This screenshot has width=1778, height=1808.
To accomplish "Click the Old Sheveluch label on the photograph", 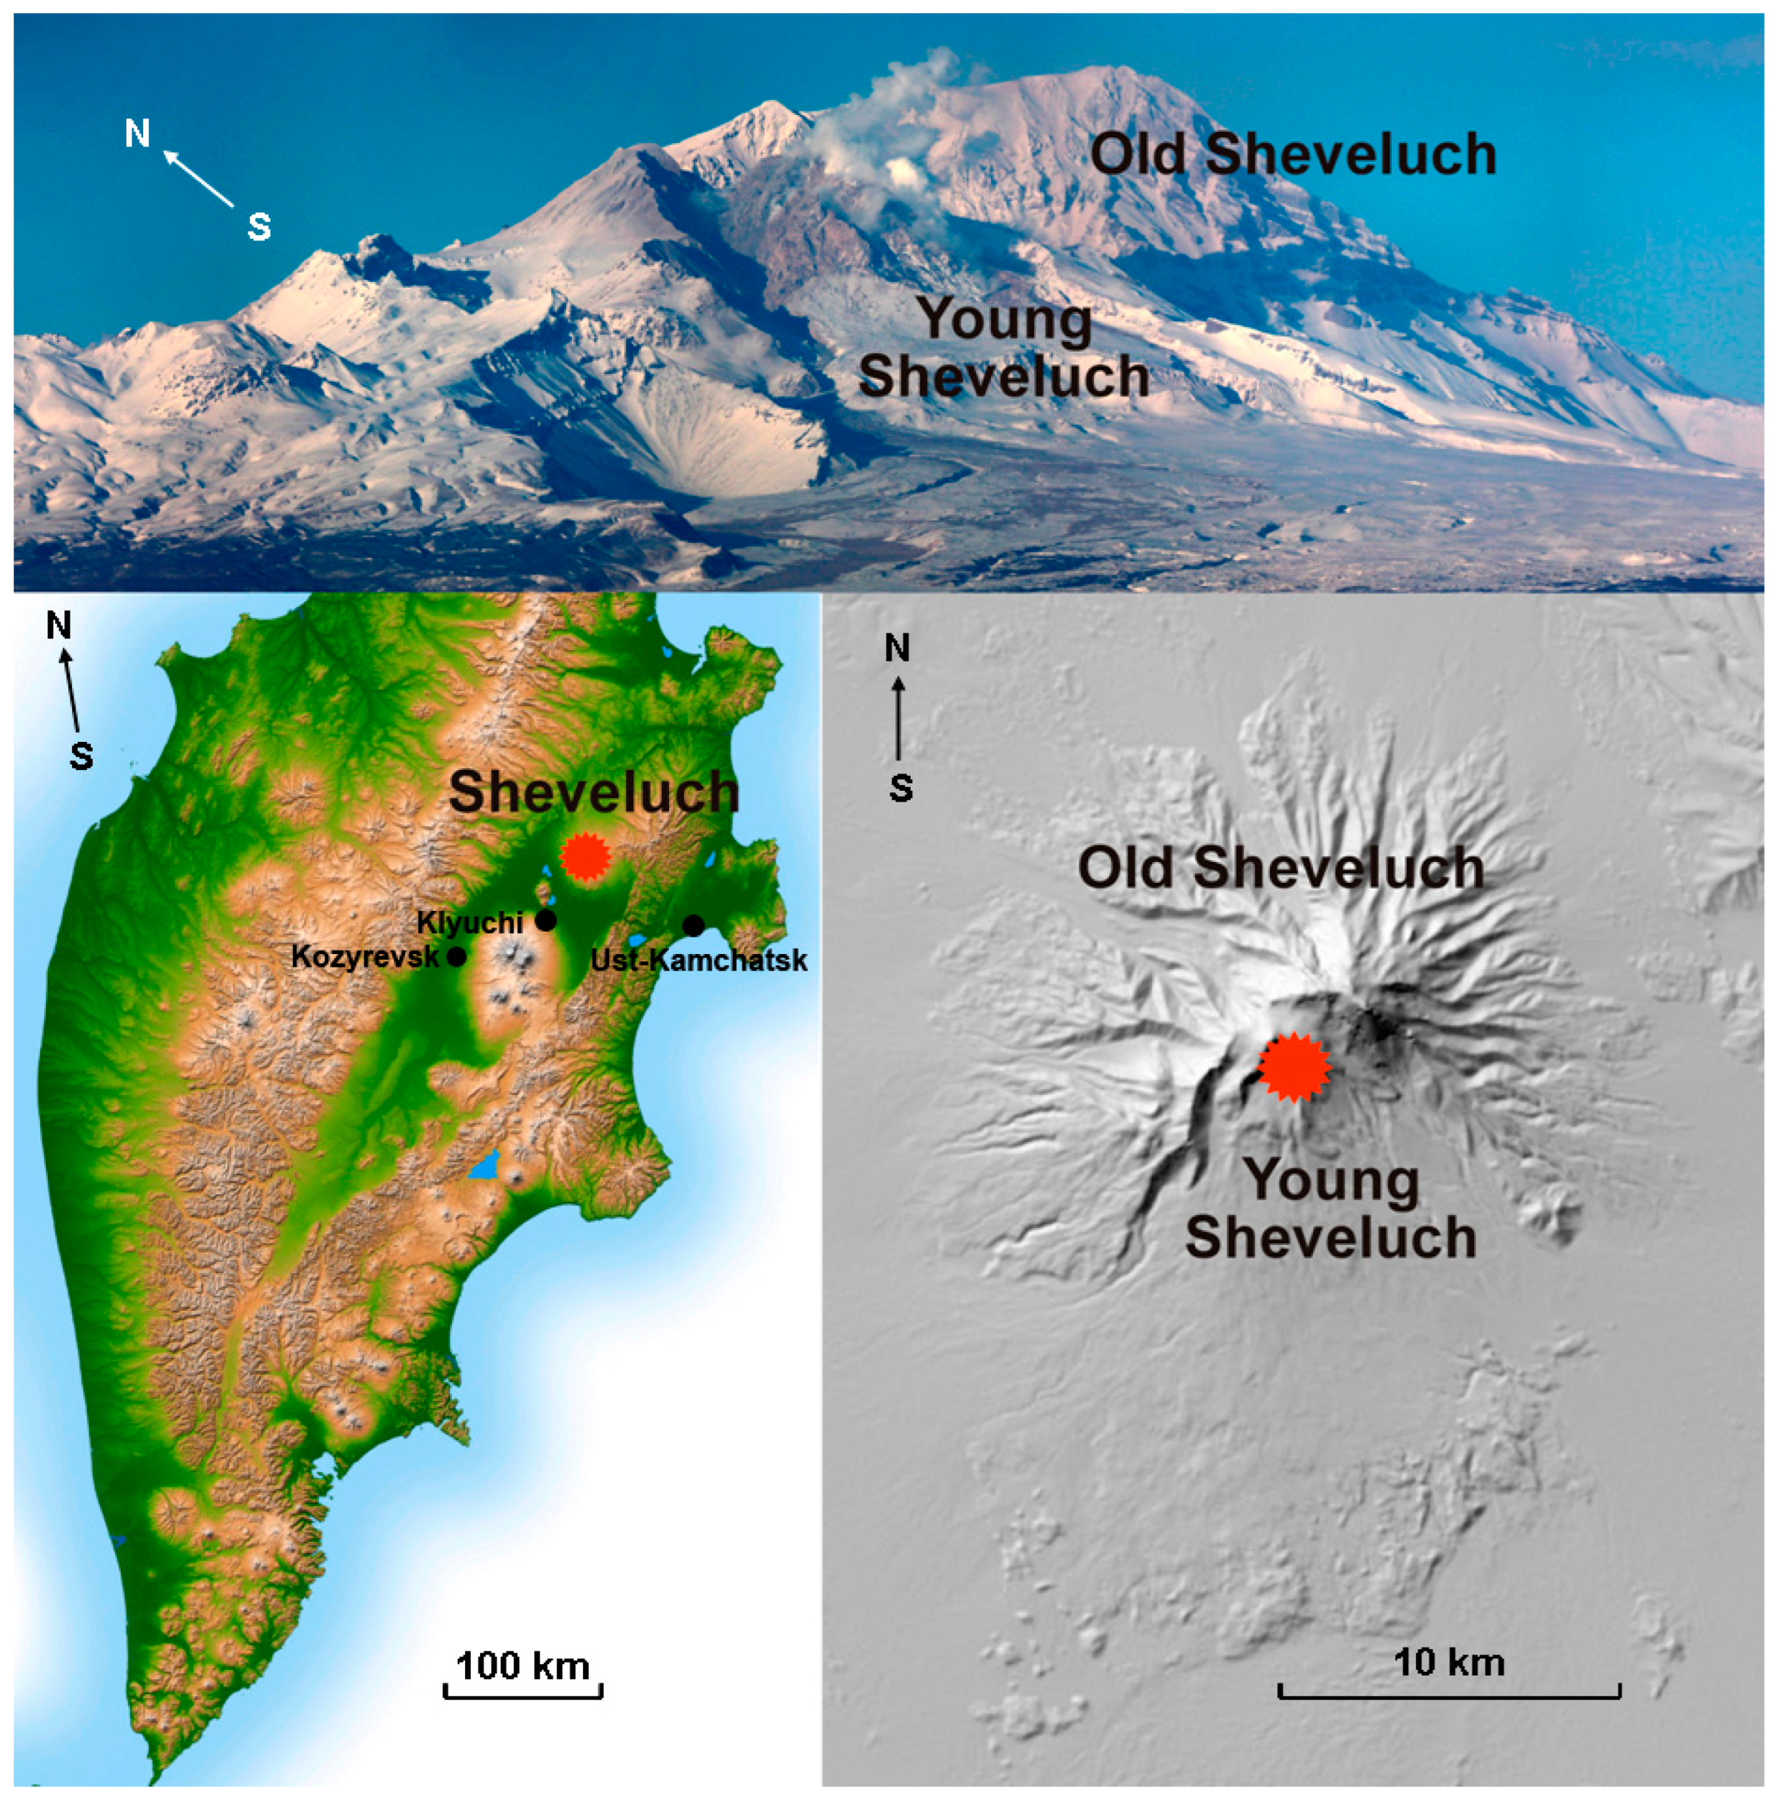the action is [1294, 155].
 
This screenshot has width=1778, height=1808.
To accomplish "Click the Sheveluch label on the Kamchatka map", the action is [594, 793].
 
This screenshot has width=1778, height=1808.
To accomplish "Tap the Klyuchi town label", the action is [470, 922].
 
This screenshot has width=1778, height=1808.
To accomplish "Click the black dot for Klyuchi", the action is [546, 921].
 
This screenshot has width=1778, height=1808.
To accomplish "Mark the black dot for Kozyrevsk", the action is [456, 956].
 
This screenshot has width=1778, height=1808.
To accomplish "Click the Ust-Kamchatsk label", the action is [699, 960].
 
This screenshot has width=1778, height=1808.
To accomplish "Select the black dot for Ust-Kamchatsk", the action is [693, 925].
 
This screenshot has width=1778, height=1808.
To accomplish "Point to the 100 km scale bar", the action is [523, 1689].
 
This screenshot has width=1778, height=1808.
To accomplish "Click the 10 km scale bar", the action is [1448, 1689].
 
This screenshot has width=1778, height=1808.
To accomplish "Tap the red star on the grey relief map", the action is [1294, 1068].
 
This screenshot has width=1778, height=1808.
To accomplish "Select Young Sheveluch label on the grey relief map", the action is [1331, 1209].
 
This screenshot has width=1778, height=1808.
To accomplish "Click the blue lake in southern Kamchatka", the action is [484, 1167].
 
